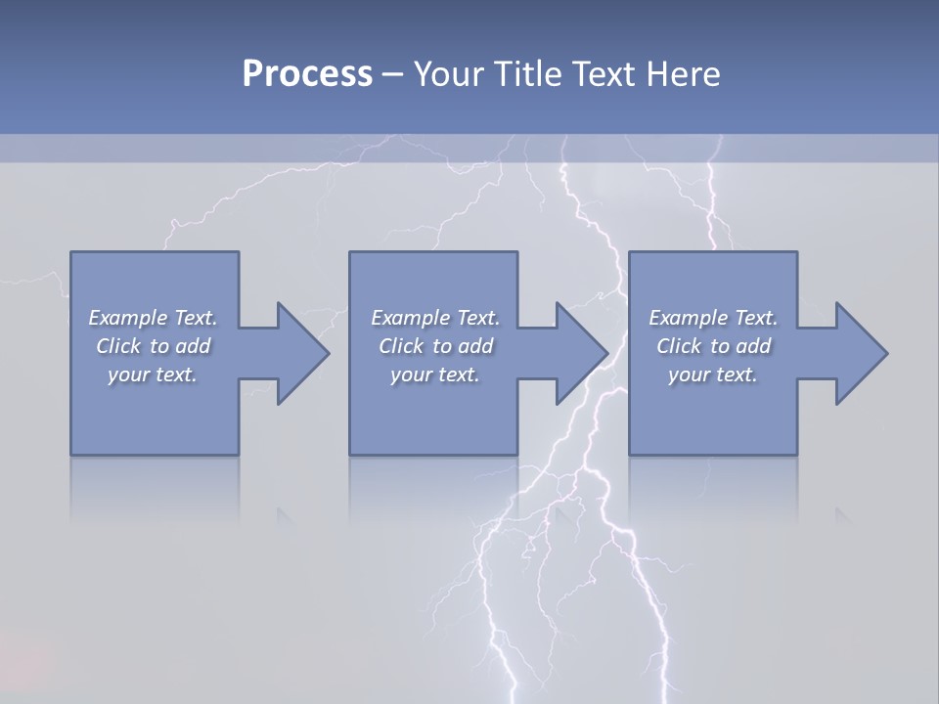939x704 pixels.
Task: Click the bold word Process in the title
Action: click(307, 74)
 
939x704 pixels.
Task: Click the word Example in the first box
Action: click(127, 318)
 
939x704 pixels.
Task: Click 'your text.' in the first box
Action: click(153, 374)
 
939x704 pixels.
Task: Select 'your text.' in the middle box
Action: click(435, 374)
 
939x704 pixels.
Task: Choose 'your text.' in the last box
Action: click(713, 374)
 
